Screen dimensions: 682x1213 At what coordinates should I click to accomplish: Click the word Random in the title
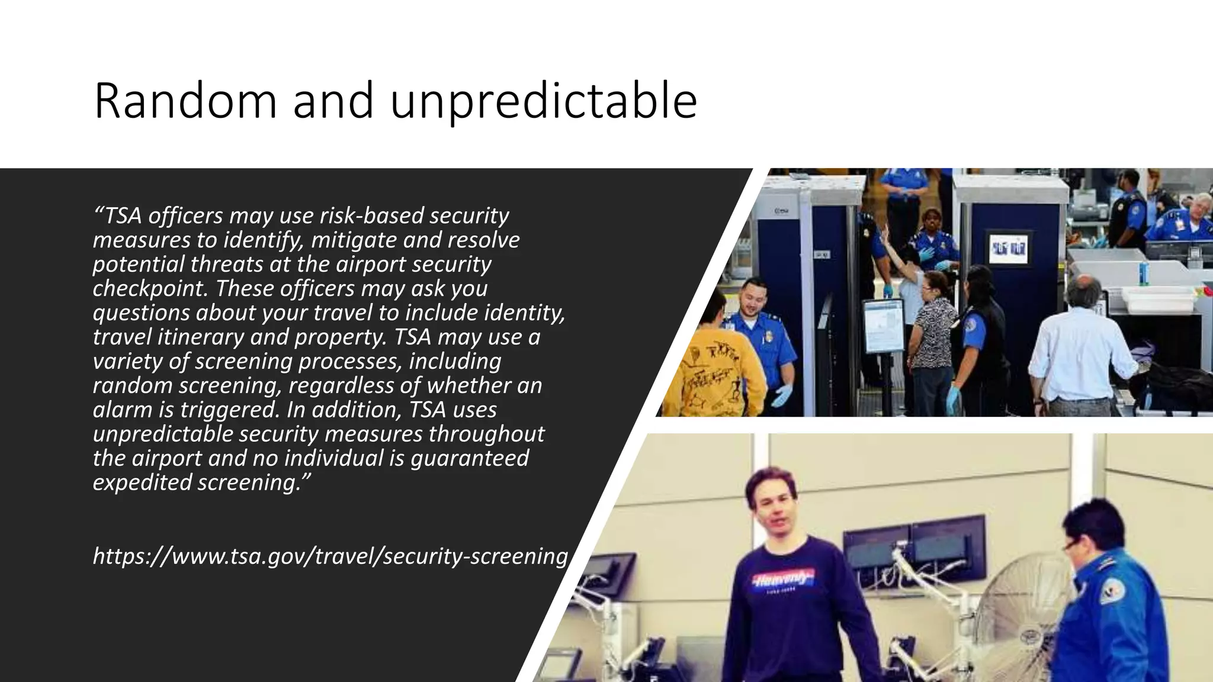pos(185,101)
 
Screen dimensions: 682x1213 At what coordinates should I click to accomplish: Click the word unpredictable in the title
pos(543,101)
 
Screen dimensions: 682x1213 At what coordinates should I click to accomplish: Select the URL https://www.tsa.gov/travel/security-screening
pos(330,556)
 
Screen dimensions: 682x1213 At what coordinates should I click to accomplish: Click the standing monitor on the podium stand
pos(883,327)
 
